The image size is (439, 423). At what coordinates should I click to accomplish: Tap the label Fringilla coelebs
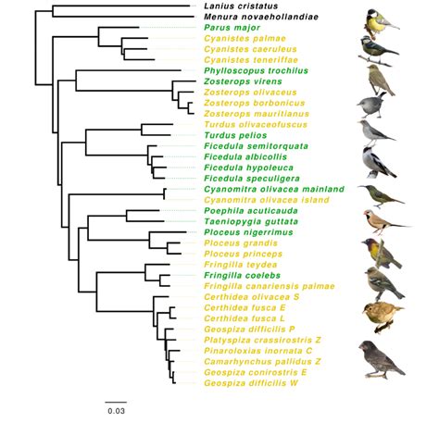pyautogui.click(x=238, y=275)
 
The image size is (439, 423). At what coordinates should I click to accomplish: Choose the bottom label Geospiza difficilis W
pyautogui.click(x=251, y=382)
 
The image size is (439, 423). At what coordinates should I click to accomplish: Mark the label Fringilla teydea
pyautogui.click(x=236, y=264)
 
